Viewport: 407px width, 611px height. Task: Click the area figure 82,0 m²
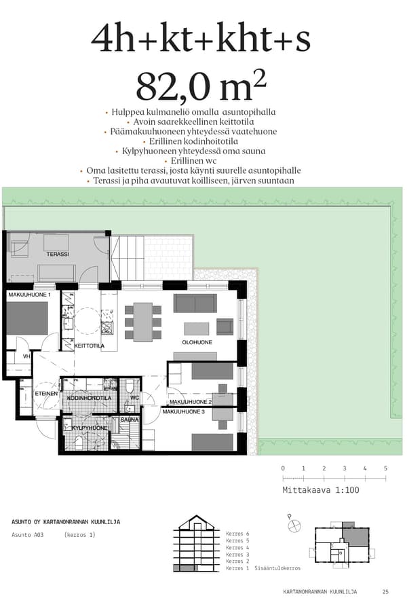click(x=201, y=86)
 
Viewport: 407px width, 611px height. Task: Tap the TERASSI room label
click(x=58, y=254)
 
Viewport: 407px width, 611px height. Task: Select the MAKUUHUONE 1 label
click(x=30, y=295)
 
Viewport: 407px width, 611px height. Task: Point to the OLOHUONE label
click(x=197, y=342)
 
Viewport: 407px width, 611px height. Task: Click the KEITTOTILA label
click(x=89, y=346)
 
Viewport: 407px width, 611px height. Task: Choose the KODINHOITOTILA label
click(x=84, y=398)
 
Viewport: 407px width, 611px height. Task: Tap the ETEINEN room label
click(x=45, y=394)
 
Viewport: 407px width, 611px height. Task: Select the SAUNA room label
click(x=130, y=420)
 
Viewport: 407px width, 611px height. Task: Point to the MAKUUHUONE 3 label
click(x=183, y=411)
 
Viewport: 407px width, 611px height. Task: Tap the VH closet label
click(x=26, y=356)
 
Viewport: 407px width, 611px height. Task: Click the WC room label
click(x=134, y=398)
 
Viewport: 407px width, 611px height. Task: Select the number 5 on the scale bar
click(x=385, y=468)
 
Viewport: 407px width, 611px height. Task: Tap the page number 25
click(x=385, y=592)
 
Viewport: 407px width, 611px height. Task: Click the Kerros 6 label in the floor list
click(x=237, y=534)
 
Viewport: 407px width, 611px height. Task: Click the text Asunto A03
click(x=28, y=535)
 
